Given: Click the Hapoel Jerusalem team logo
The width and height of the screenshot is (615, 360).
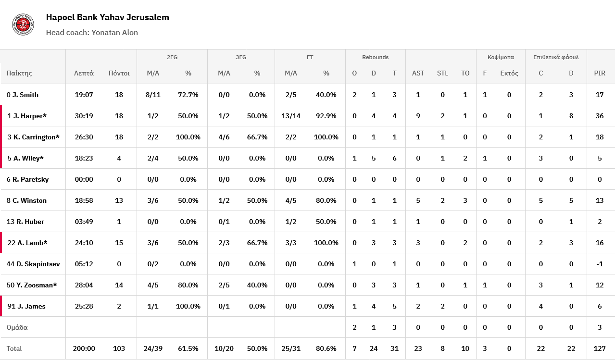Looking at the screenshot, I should click(x=23, y=25).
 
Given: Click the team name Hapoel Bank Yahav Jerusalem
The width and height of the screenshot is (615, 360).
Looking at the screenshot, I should click(x=107, y=17).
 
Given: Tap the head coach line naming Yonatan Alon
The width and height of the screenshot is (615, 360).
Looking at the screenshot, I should click(x=92, y=33).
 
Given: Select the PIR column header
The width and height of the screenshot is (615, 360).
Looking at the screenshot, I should click(x=600, y=73).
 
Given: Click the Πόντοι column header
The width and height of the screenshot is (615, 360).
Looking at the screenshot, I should click(x=119, y=73).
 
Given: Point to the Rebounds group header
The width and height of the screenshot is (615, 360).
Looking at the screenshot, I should click(x=375, y=57).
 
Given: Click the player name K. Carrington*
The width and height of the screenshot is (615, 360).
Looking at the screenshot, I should click(x=37, y=137).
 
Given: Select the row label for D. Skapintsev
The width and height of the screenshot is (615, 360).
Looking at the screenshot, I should click(x=33, y=264).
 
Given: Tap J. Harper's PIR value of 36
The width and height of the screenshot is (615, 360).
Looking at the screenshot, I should click(x=600, y=116).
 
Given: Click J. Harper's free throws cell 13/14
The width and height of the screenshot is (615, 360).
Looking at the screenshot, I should click(x=291, y=116).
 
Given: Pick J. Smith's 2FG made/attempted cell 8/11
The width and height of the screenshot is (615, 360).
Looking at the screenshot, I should click(x=153, y=95).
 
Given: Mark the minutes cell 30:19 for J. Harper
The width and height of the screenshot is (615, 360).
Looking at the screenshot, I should click(x=84, y=116).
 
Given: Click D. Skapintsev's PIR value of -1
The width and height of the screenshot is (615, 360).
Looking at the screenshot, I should click(x=600, y=264).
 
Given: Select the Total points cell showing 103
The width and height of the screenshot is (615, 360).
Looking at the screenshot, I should click(x=119, y=348).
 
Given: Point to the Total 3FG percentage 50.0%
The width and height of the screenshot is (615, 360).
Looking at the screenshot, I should click(x=257, y=348).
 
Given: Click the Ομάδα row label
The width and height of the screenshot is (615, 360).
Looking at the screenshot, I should click(x=17, y=327).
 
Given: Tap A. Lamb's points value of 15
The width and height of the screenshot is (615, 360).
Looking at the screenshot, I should click(x=119, y=243).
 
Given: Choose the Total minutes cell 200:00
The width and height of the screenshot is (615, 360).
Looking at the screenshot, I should click(x=84, y=348).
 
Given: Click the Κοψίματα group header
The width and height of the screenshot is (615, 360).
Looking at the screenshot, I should click(x=501, y=57).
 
